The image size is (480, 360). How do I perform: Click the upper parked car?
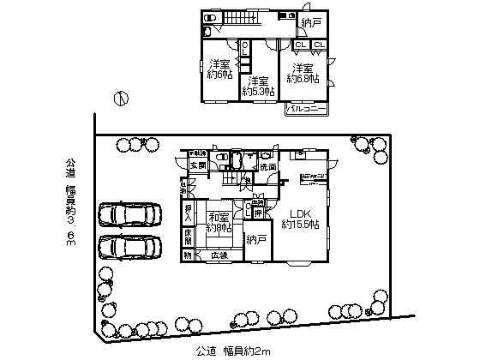(129, 214)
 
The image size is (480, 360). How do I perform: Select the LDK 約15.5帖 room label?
(302, 219)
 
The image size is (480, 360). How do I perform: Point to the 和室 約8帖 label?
(220, 223)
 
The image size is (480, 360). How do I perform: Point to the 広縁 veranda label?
(220, 255)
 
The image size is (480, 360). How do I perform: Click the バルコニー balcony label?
(305, 110)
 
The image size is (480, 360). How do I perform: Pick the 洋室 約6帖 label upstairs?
(219, 69)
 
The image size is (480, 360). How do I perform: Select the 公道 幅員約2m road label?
(233, 350)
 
